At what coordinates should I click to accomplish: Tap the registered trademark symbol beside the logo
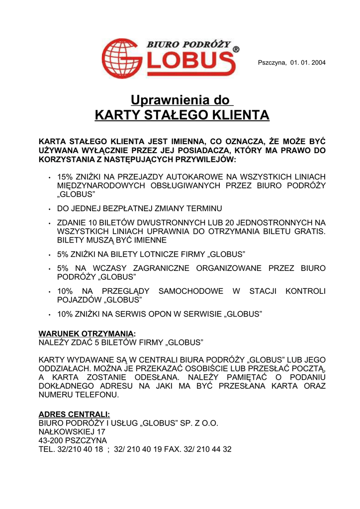click(236, 50)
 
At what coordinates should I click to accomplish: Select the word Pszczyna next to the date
click(272, 62)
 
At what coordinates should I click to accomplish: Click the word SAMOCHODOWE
click(191, 291)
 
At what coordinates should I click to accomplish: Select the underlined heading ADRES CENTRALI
click(74, 414)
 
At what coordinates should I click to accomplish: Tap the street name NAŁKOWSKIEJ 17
click(72, 431)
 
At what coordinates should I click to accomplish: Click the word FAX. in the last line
click(176, 449)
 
